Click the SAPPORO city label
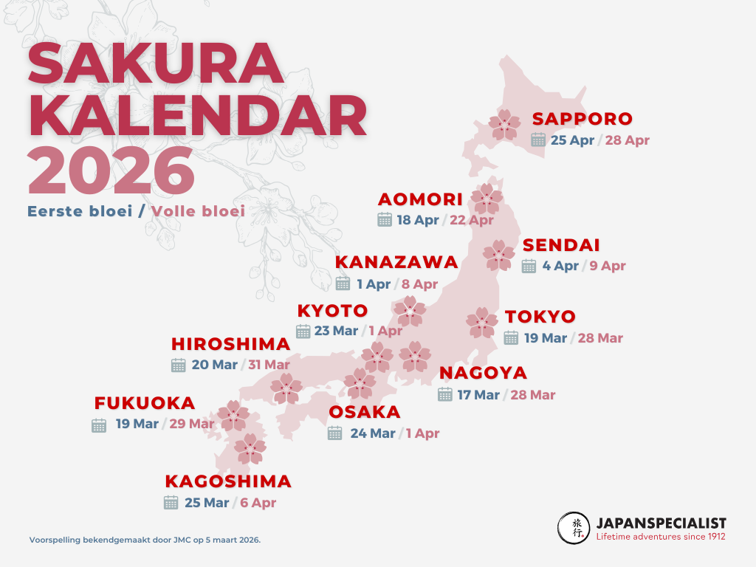[583, 119]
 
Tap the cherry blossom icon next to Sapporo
[506, 125]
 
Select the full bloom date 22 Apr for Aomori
[471, 220]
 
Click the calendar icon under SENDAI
[529, 267]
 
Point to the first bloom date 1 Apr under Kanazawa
[374, 284]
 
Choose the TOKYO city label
[540, 317]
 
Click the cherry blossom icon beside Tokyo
[482, 322]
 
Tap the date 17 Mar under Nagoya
[478, 395]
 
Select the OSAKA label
[365, 412]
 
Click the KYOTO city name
[332, 310]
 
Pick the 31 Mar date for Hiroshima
[269, 365]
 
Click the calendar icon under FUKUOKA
[99, 425]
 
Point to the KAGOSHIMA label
[228, 481]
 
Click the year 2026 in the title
[111, 171]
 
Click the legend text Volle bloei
[198, 211]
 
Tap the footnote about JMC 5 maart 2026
[145, 540]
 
